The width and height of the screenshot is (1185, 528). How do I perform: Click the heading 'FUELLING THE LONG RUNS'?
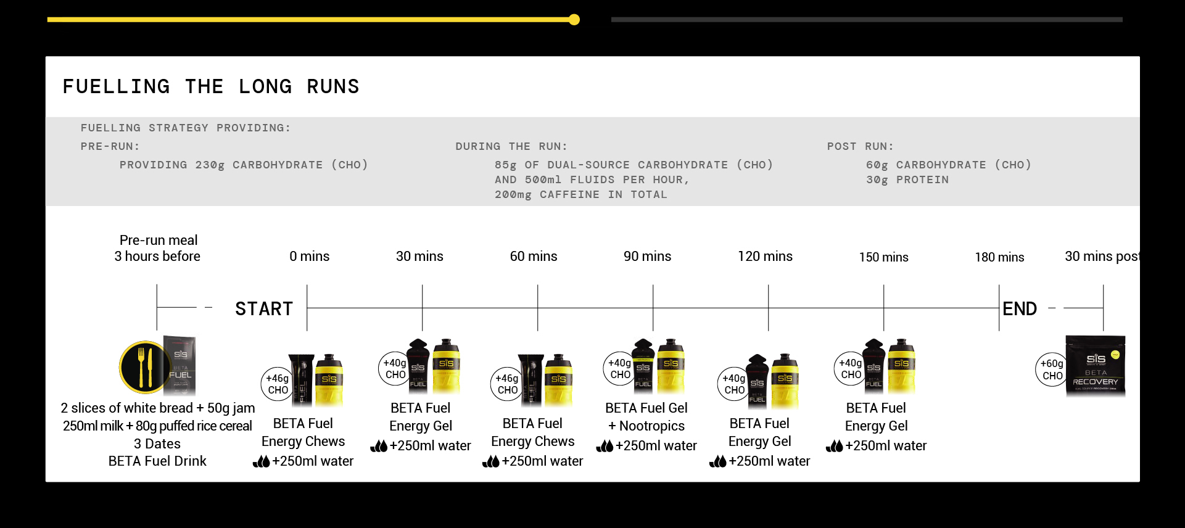pos(210,86)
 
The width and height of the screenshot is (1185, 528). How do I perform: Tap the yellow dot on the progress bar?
pos(574,20)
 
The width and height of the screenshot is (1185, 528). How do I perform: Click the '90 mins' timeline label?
pos(647,256)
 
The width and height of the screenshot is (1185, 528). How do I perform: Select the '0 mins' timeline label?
pos(309,256)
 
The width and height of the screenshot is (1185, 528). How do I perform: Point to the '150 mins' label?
pos(883,257)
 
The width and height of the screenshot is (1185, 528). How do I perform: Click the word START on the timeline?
pos(264,308)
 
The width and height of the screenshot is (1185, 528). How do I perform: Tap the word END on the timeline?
pos(1020,308)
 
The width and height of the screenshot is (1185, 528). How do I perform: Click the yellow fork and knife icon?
pos(144,367)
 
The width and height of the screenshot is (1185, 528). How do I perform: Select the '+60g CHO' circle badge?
pos(1051,369)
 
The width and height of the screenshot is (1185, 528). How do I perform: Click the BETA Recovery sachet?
pos(1096,366)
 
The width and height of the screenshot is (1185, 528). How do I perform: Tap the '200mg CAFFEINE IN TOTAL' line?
pos(580,195)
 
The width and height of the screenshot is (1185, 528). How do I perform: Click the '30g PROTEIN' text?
pos(907,180)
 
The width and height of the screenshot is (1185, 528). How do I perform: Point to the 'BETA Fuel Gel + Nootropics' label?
pos(646,417)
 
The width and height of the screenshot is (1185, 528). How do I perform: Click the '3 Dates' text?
pos(157,444)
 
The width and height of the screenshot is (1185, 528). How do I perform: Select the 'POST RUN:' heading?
pos(860,147)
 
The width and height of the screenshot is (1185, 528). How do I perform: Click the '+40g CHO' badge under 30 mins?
pos(395,368)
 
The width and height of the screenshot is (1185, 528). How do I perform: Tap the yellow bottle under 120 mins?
pos(785,380)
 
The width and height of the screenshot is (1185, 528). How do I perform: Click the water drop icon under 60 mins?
pos(491,461)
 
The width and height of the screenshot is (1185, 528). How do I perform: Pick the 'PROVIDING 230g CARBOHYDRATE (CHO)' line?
pos(244,165)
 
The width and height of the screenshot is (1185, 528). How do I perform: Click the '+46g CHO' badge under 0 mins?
pos(277,384)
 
